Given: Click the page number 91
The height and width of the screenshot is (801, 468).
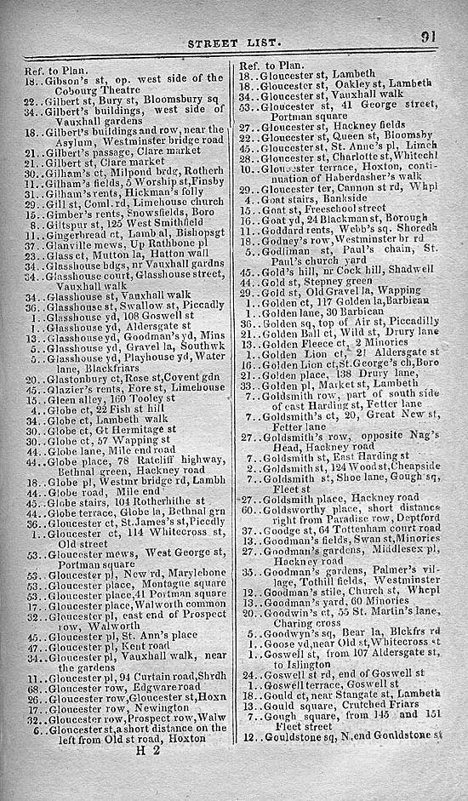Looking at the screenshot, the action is click(x=428, y=37).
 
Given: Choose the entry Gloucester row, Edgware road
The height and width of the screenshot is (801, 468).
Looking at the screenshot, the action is click(x=115, y=687).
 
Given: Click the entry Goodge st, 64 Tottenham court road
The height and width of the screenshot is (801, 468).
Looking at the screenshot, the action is click(x=340, y=529).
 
